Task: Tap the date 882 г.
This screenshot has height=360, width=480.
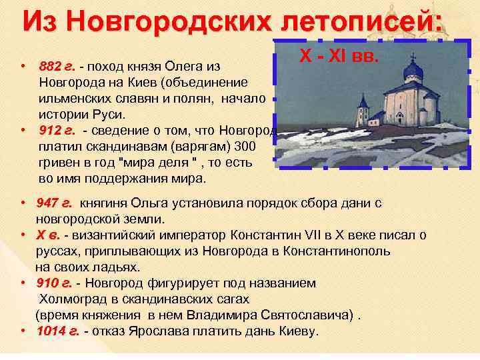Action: pyautogui.click(x=56, y=67)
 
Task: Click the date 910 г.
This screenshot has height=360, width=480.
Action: pyautogui.click(x=56, y=283)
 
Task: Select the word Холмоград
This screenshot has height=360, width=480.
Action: pyautogui.click(x=73, y=299)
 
